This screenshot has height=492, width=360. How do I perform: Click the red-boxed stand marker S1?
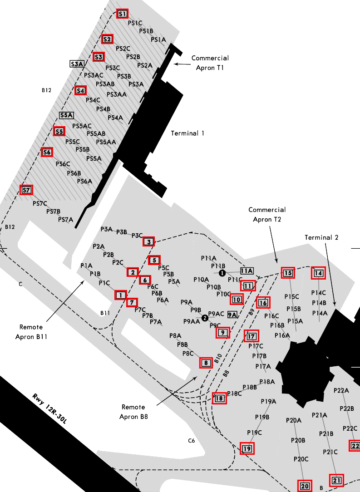click(x=122, y=14)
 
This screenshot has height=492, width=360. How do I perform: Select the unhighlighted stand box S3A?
click(x=77, y=64)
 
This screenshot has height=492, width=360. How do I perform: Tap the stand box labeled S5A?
click(x=66, y=115)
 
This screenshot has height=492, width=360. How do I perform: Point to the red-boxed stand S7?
click(x=27, y=190)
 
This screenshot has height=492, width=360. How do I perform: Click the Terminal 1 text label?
click(x=187, y=133)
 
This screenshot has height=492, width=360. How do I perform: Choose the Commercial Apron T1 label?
click(x=210, y=63)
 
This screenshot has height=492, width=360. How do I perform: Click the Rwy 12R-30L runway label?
click(x=49, y=408)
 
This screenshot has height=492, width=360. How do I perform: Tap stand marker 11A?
click(x=247, y=271)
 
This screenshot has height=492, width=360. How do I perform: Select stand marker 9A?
click(x=232, y=315)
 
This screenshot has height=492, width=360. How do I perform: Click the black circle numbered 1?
click(x=222, y=273)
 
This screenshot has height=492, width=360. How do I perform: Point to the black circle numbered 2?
click(x=205, y=318)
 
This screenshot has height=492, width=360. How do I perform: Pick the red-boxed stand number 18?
click(x=219, y=399)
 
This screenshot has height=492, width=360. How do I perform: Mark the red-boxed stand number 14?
click(x=318, y=273)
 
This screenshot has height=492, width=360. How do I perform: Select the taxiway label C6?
click(x=192, y=441)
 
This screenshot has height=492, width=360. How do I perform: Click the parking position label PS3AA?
click(x=117, y=94)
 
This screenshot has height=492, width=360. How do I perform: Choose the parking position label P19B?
click(x=262, y=417)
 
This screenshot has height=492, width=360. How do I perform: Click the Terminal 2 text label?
click(x=321, y=237)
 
